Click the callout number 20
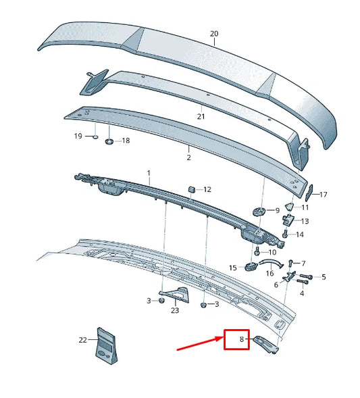pos(214,34)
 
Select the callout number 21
pos(201,116)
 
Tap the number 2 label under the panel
pos(188,157)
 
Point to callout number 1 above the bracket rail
pos(149,173)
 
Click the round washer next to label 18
pos(109,141)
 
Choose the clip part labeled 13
pos(288,220)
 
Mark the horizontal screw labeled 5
pos(305,276)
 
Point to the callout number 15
pos(233,268)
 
